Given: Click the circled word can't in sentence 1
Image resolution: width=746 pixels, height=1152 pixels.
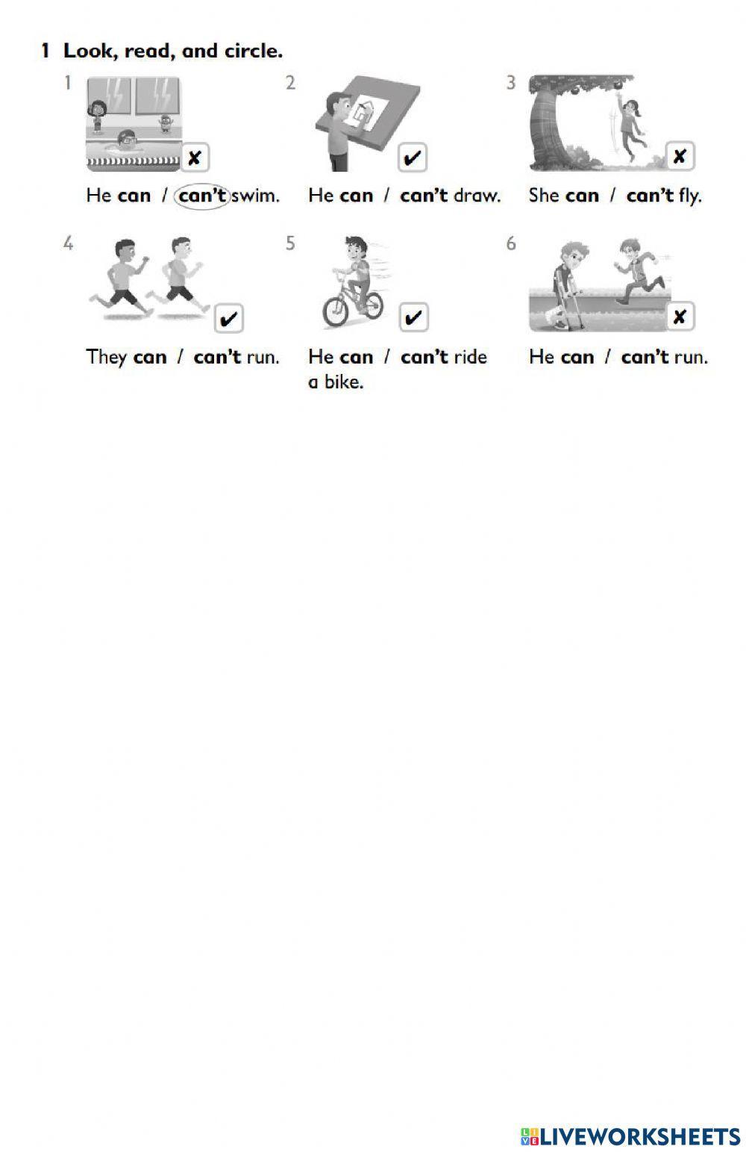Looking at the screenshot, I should point(202,196).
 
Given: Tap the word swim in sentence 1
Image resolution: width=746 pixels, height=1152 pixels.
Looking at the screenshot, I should point(256,196).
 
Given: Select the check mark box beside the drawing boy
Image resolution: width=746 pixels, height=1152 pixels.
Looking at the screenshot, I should point(412,158).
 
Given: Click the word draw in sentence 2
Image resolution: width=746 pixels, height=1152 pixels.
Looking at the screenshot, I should point(476,196).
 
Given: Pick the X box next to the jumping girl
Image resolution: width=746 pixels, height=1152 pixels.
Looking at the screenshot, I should point(680,157).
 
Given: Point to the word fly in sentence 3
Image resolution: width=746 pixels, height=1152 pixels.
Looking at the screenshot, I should point(689,196).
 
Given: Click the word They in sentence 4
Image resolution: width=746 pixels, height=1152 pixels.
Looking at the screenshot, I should point(106,357).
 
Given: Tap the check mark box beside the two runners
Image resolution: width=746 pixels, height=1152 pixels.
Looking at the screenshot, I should point(229,319).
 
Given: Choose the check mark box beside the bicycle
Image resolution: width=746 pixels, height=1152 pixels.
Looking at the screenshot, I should point(412,318).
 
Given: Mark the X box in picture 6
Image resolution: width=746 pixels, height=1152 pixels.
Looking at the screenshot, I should point(680,317).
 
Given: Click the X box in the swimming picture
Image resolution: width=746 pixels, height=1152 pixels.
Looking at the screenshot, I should point(194,158).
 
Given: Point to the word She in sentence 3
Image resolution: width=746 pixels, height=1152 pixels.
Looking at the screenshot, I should point(543,196).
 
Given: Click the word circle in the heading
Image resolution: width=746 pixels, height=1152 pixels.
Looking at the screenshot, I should point(253,52).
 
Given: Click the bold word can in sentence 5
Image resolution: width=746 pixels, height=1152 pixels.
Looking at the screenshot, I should point(356,357).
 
